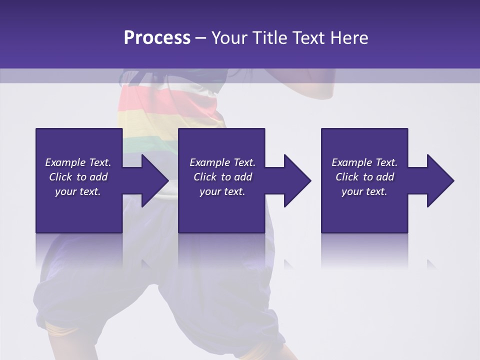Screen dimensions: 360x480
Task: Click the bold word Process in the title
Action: click(157, 38)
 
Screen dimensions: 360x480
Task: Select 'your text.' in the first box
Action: click(78, 191)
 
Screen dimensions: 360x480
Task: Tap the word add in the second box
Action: click(243, 177)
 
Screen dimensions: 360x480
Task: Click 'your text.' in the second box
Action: click(222, 191)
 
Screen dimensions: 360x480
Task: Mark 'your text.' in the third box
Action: click(364, 191)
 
